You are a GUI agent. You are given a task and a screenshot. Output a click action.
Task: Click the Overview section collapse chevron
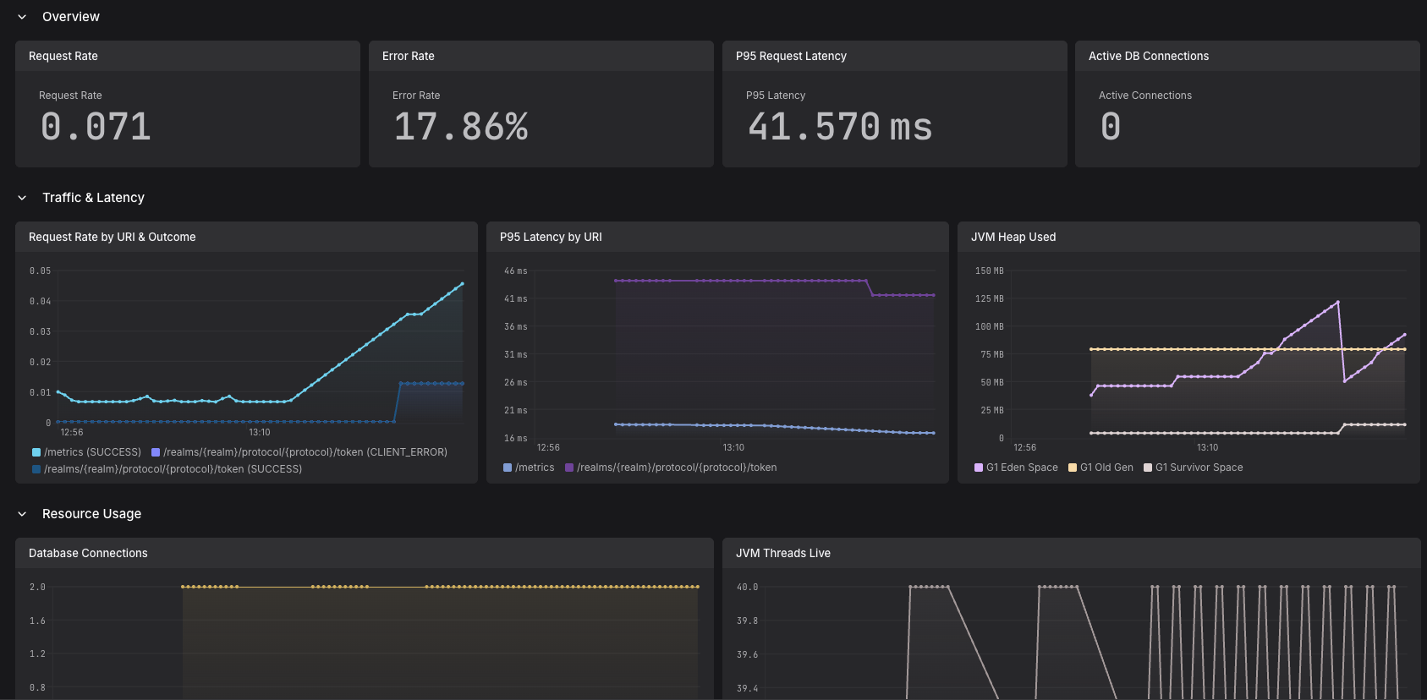(22, 17)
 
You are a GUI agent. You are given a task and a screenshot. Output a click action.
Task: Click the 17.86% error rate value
(461, 127)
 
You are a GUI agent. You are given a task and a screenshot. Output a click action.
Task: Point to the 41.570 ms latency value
(840, 127)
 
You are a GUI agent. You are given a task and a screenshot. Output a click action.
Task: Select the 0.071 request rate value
(96, 127)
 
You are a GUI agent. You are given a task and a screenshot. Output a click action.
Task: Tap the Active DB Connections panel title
(1149, 56)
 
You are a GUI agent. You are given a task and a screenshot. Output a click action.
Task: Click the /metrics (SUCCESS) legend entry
(86, 452)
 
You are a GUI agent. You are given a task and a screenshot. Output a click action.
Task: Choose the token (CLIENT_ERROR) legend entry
(299, 452)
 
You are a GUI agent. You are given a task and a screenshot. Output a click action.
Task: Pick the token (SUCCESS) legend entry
(167, 469)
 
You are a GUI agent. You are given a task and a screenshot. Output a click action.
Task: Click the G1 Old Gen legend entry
(1100, 468)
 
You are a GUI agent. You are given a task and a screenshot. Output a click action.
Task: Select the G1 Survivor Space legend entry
(1194, 468)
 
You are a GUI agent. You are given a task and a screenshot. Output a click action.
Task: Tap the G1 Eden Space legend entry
(1016, 468)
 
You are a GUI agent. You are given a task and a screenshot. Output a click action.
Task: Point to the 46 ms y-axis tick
(515, 271)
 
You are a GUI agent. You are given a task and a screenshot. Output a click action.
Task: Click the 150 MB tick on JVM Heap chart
(990, 271)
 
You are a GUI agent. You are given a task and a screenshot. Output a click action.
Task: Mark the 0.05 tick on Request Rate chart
(40, 271)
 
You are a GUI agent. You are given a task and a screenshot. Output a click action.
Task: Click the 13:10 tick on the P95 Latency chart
(733, 447)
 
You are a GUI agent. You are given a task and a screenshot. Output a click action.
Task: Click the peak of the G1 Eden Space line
(1338, 302)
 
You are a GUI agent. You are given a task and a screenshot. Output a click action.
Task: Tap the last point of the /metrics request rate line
(463, 283)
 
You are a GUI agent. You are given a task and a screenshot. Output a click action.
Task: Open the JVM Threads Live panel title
(783, 553)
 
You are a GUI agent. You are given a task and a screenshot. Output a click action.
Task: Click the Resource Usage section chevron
(22, 514)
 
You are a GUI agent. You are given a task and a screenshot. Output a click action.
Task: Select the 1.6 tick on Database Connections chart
(37, 621)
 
